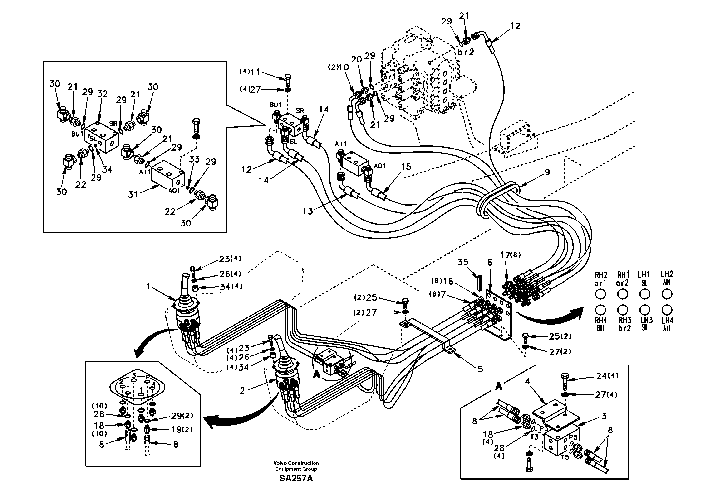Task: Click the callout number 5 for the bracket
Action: [x=480, y=369]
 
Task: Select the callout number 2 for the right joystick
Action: [x=242, y=391]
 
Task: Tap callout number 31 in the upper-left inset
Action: [x=133, y=194]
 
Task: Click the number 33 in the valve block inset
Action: [x=194, y=159]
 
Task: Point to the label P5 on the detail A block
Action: [x=573, y=437]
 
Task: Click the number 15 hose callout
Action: [x=406, y=167]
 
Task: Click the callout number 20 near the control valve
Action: [x=356, y=59]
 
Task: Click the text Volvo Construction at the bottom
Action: [x=296, y=463]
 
